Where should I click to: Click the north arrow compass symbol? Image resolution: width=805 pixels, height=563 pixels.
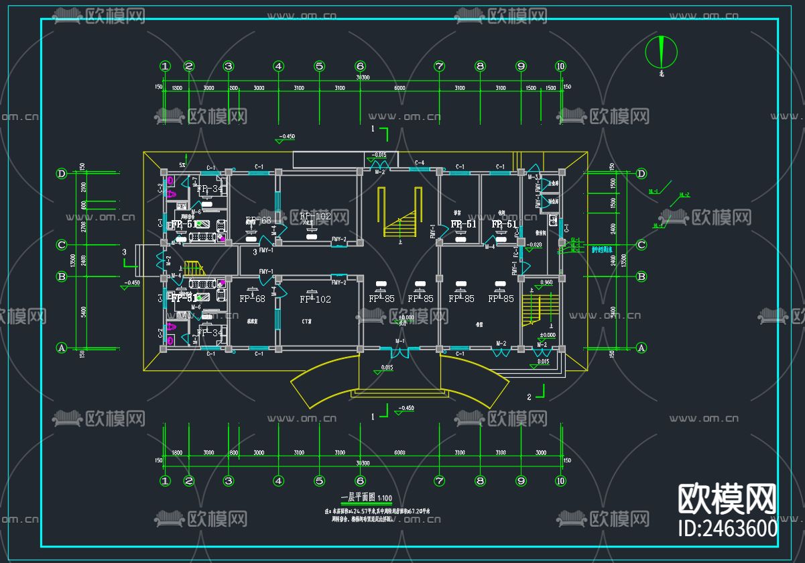pyautogui.click(x=661, y=51)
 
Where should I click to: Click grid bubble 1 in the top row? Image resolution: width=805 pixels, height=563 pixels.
pyautogui.click(x=165, y=66)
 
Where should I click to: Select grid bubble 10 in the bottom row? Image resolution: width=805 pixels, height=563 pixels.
pyautogui.click(x=560, y=480)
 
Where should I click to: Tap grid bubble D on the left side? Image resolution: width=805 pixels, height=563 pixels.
pyautogui.click(x=62, y=174)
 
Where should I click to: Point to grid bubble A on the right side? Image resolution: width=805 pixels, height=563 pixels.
pyautogui.click(x=641, y=348)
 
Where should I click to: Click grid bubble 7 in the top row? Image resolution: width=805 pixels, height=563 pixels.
pyautogui.click(x=439, y=66)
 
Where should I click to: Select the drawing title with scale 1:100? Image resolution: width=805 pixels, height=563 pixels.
pyautogui.click(x=367, y=498)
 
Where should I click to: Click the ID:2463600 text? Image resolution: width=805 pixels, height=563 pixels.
pyautogui.click(x=729, y=527)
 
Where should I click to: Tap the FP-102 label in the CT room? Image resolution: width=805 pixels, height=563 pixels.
pyautogui.click(x=315, y=299)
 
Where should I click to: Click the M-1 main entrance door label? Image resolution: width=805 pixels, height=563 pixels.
pyautogui.click(x=400, y=342)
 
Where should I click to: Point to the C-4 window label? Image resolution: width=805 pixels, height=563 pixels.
pyautogui.click(x=420, y=163)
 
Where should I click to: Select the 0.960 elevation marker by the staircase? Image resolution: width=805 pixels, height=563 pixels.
pyautogui.click(x=546, y=282)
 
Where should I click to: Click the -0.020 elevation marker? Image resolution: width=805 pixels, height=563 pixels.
pyautogui.click(x=534, y=245)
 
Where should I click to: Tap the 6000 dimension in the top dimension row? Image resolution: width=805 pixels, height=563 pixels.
pyautogui.click(x=399, y=89)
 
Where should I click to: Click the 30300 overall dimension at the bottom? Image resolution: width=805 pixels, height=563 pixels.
pyautogui.click(x=363, y=463)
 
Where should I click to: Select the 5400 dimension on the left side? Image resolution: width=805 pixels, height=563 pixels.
pyautogui.click(x=83, y=311)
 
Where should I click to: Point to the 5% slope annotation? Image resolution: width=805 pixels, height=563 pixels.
pyautogui.click(x=182, y=164)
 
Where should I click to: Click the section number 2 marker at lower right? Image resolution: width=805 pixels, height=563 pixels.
pyautogui.click(x=529, y=397)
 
